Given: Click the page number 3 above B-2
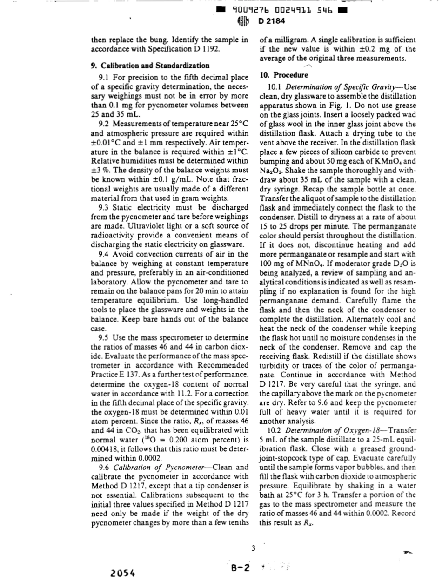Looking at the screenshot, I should click(253, 547).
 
